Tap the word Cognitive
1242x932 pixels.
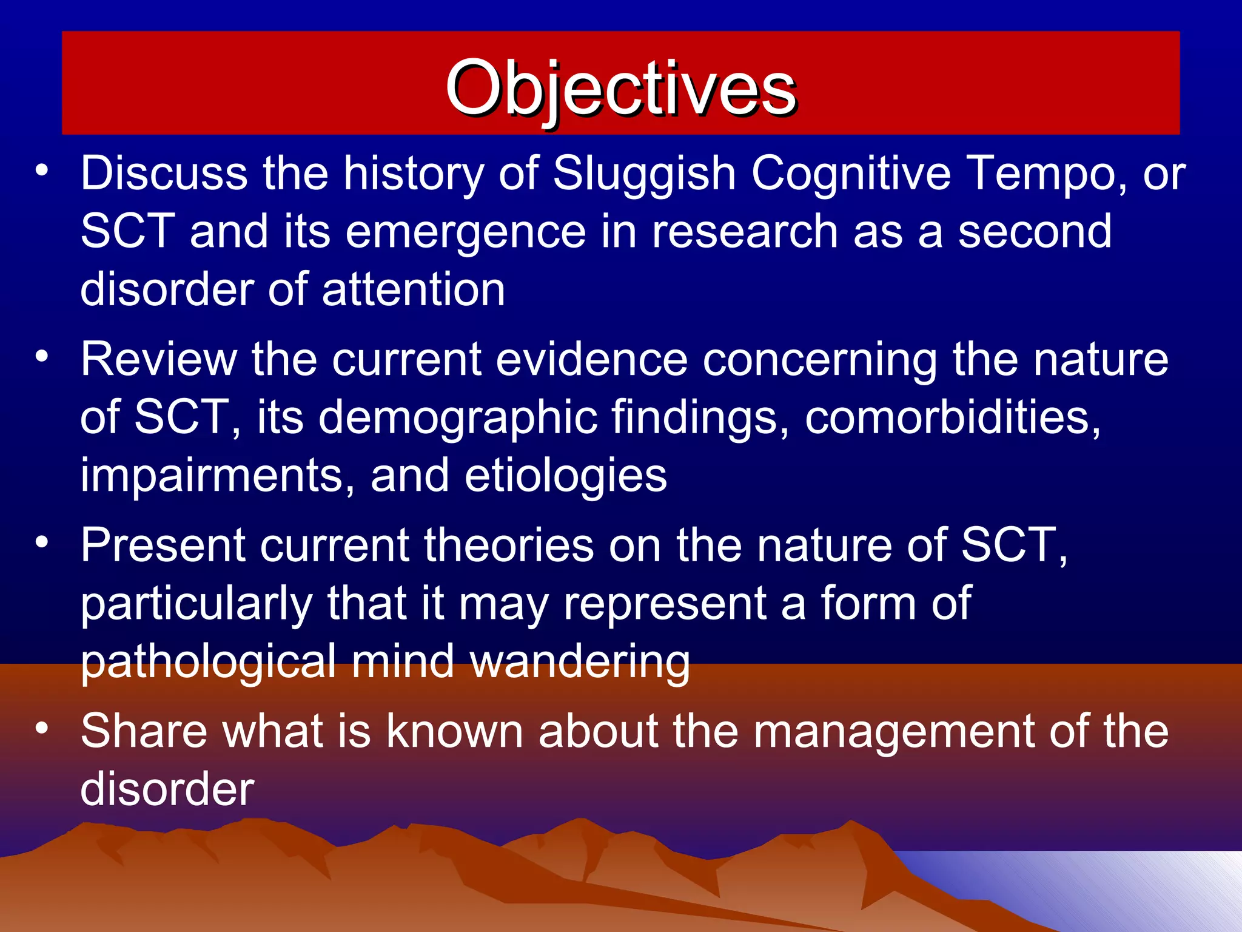coord(851,174)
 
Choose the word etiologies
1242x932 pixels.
coord(566,477)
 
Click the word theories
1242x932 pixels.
coord(508,545)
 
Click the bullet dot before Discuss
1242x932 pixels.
coord(41,172)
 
